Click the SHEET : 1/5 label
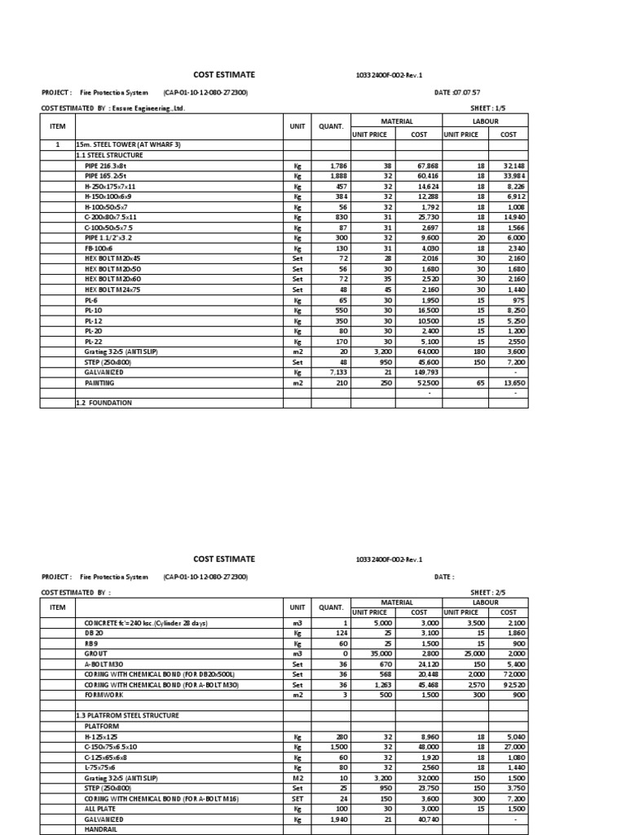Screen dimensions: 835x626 click(x=489, y=108)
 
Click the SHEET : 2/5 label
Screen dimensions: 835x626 click(x=489, y=592)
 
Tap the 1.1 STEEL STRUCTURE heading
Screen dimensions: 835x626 click(x=109, y=155)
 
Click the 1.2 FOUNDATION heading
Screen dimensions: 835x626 click(x=104, y=403)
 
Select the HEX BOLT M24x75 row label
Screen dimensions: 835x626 click(x=112, y=289)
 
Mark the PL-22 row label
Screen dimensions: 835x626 click(x=92, y=341)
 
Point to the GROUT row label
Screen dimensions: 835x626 click(x=96, y=654)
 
